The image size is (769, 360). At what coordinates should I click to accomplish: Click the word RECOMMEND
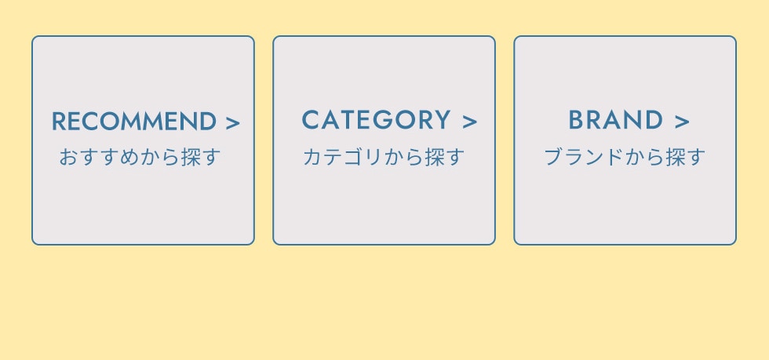tap(133, 122)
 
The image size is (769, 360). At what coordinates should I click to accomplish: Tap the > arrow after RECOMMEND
tap(232, 122)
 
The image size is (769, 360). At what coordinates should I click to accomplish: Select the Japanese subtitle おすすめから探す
tap(140, 157)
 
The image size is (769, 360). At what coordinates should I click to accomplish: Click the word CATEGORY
tap(376, 121)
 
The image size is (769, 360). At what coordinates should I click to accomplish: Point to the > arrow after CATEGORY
tap(469, 122)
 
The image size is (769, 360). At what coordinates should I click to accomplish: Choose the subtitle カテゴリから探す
tap(384, 157)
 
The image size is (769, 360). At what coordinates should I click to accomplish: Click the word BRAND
tap(615, 121)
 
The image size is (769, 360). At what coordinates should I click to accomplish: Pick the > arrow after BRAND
tap(681, 122)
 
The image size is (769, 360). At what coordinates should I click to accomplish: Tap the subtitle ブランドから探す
tap(625, 157)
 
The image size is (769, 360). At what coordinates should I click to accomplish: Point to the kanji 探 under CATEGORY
tap(435, 157)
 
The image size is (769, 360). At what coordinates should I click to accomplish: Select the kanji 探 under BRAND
tap(676, 157)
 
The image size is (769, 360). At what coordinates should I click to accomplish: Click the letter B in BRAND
tap(576, 121)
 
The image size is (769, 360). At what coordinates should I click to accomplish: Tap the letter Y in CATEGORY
tap(443, 121)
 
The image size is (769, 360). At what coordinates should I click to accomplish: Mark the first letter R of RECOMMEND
tap(58, 122)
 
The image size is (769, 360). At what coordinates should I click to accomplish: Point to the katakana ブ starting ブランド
tap(553, 157)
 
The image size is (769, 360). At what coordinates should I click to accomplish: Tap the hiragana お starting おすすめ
tap(68, 157)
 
